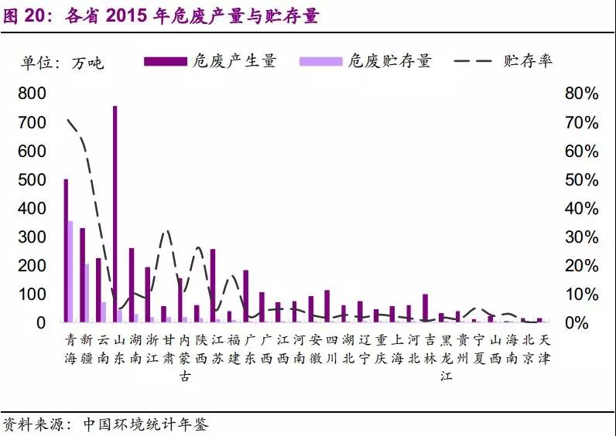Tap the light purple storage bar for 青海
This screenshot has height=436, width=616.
click(x=70, y=271)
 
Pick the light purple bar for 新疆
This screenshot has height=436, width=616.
click(x=87, y=293)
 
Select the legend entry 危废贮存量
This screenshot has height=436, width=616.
click(x=364, y=61)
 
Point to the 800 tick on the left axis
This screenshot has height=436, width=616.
click(x=32, y=94)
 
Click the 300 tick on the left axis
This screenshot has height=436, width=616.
click(x=32, y=237)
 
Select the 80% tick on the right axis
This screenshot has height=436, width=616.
click(x=580, y=94)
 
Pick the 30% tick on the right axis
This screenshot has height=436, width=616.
click(x=580, y=237)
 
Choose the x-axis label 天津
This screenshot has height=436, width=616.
click(x=546, y=349)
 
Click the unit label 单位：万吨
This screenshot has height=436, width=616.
click(x=63, y=63)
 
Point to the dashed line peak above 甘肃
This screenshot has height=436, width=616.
click(x=167, y=231)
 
